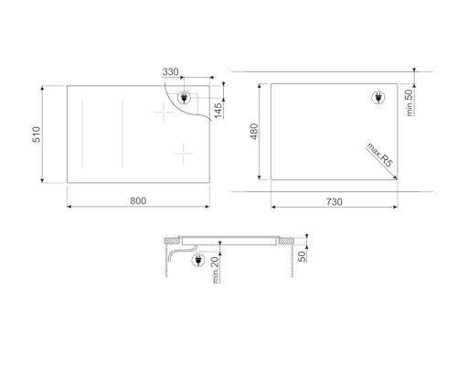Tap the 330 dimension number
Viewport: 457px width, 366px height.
click(x=170, y=72)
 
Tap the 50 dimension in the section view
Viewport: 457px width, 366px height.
click(x=303, y=252)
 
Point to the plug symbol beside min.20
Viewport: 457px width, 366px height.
click(x=197, y=262)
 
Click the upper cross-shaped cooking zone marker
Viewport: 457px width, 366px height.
click(x=165, y=114)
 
